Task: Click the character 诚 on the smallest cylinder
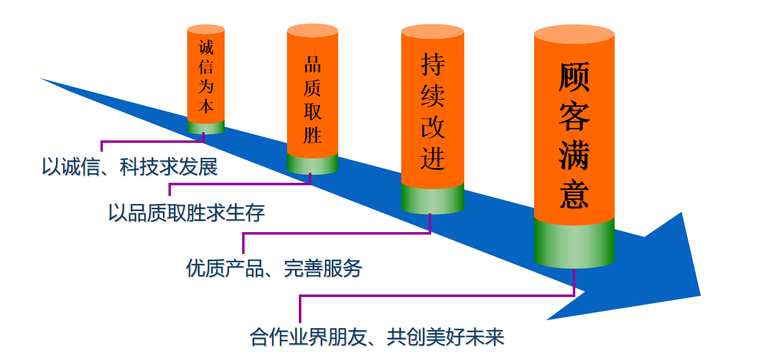206,47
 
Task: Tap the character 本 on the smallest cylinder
206,105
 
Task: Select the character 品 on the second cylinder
313,66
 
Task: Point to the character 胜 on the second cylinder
313,135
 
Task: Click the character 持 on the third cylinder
432,64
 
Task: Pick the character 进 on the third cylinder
432,160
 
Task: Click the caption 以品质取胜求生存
187,213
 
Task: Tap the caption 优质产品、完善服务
274,268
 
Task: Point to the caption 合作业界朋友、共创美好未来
377,338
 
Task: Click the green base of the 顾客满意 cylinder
574,245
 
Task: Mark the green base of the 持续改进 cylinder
432,198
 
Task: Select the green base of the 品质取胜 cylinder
313,163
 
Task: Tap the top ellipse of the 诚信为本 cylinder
206,29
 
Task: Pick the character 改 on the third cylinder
432,128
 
